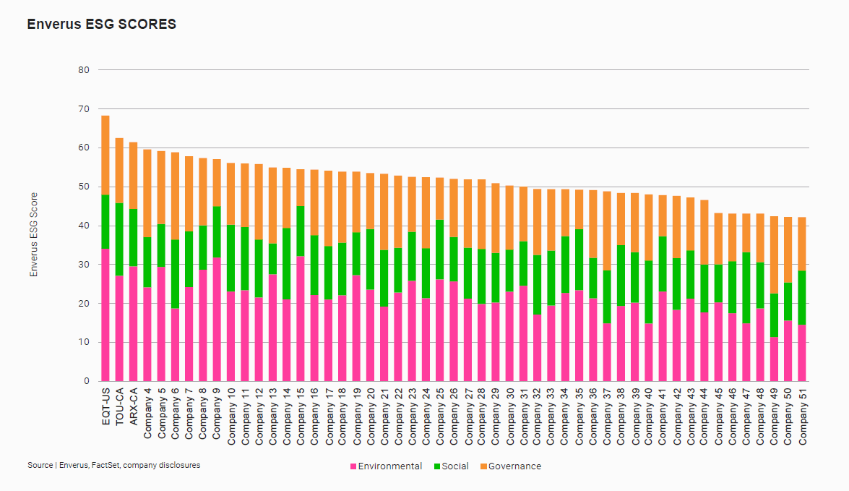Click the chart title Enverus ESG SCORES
pyautogui.click(x=101, y=25)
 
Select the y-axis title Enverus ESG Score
pyautogui.click(x=33, y=234)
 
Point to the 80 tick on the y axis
pyautogui.click(x=83, y=70)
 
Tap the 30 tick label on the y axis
pyautogui.click(x=83, y=265)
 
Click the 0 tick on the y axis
pyautogui.click(x=86, y=381)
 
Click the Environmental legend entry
pyautogui.click(x=385, y=466)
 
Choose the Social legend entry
pyautogui.click(x=451, y=466)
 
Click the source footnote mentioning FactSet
pyautogui.click(x=113, y=465)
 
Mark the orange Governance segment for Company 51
pyautogui.click(x=802, y=244)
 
